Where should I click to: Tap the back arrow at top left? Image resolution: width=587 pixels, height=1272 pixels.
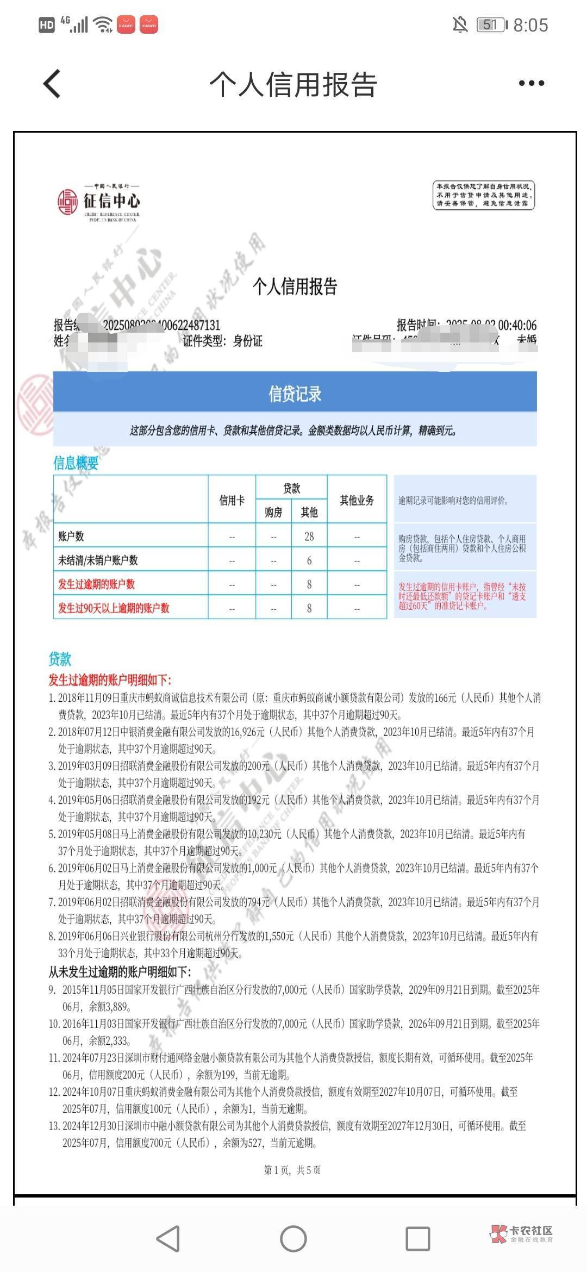52,84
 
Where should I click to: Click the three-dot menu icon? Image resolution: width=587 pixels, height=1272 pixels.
531,83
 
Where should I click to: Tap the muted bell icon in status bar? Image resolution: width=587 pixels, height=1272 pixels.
460,24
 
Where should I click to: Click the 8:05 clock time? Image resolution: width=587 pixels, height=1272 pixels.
530,25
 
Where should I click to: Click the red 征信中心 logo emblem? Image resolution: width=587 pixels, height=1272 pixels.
68,202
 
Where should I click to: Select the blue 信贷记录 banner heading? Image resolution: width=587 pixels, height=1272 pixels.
295,394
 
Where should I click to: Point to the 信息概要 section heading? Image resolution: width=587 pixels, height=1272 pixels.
76,463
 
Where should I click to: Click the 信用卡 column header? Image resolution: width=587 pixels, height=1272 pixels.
232,500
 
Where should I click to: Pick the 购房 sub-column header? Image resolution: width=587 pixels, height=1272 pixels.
273,512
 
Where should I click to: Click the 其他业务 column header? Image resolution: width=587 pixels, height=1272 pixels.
357,500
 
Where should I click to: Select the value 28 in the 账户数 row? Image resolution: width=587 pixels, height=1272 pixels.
309,537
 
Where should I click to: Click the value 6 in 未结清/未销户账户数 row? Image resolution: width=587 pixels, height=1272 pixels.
309,560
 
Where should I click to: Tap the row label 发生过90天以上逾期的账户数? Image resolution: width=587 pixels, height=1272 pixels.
114,608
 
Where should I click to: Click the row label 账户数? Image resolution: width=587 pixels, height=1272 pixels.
71,537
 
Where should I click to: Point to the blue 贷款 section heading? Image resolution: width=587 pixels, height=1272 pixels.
60,659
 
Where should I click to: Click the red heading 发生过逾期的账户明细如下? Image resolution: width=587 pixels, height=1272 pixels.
110,679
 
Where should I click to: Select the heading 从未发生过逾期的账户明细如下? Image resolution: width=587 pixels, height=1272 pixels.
120,971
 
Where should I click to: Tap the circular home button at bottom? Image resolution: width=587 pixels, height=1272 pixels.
293,1239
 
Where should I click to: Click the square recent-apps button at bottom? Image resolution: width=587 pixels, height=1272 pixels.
417,1239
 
